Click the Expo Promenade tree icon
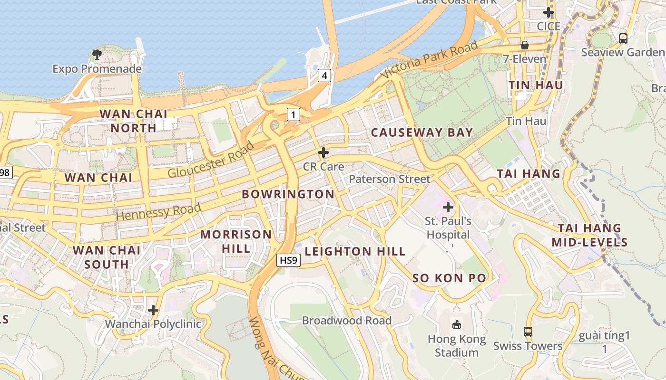coord(97,54)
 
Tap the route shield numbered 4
coord(324,75)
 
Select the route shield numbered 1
coord(294,114)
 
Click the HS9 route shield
coord(288,260)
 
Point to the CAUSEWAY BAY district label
coord(422,133)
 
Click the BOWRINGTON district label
coord(288,194)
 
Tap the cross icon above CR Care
coord(323,152)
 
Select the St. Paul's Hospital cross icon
coord(448,207)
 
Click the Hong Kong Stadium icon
coord(457,325)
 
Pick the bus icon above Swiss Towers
coord(528,332)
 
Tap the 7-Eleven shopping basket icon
coord(525,45)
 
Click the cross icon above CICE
coord(548,12)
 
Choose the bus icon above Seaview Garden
coord(623,38)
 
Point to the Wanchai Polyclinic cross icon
coord(153,310)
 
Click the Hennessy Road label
coord(158,211)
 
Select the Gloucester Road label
coord(211,160)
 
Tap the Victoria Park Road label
coord(429,60)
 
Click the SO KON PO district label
coord(449,278)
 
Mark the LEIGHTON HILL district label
coord(355,251)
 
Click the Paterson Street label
coord(389,179)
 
